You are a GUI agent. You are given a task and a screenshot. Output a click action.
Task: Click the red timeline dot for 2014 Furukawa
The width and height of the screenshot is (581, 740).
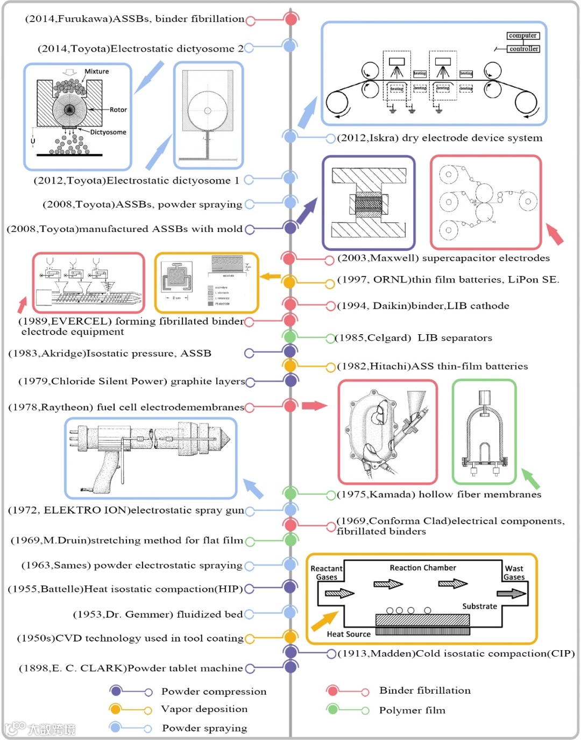coord(291,19)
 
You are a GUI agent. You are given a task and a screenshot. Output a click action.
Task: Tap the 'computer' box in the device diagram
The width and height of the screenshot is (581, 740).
coord(523,36)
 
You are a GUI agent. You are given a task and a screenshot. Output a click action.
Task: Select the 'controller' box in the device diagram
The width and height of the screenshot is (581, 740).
coord(523,48)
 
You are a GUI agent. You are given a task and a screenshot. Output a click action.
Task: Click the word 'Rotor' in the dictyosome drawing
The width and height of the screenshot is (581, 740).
coord(118,110)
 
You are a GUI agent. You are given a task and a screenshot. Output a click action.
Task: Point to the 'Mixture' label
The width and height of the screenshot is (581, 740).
coord(97,72)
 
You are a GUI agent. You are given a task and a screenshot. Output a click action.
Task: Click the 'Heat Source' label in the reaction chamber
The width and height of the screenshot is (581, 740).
coord(349,634)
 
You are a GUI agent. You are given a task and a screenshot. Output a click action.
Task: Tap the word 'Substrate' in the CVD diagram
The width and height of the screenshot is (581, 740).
coord(479,606)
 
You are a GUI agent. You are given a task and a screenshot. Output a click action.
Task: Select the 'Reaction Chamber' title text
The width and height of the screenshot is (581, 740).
coord(423,568)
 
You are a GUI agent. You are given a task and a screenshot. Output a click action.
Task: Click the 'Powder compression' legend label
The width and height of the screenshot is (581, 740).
coord(214,692)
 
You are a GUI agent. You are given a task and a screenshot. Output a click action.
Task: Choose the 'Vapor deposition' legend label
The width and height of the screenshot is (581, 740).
coord(204,709)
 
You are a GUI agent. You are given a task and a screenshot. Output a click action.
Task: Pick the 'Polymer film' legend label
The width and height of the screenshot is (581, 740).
coord(412,710)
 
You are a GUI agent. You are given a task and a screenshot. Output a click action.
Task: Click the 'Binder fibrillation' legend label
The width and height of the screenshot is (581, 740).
coord(424,690)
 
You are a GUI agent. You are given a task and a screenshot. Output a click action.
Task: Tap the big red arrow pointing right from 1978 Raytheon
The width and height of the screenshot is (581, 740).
coord(314,405)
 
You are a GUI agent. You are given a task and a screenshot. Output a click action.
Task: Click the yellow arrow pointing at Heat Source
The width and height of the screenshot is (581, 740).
coord(325,621)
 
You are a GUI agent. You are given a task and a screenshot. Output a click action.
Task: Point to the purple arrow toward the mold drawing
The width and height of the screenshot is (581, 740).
coord(307,210)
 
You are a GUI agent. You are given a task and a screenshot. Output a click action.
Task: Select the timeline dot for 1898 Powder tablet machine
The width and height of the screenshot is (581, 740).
coord(291,667)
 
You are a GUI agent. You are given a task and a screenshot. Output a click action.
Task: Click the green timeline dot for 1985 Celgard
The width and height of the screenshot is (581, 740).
coord(290,337)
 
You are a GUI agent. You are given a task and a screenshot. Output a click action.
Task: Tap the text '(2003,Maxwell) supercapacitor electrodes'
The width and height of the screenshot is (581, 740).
coord(443,258)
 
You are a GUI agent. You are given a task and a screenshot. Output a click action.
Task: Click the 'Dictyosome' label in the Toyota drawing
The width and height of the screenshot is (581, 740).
coord(108,132)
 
